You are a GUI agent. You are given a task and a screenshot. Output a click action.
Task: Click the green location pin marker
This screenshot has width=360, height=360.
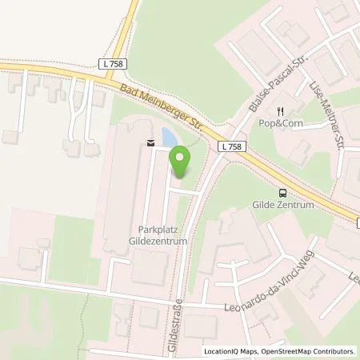click(181, 163)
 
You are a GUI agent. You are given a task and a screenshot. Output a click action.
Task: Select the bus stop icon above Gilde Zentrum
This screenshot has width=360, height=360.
click(282, 192)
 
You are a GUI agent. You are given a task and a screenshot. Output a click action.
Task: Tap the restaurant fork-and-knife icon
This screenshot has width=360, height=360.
click(280, 112)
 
